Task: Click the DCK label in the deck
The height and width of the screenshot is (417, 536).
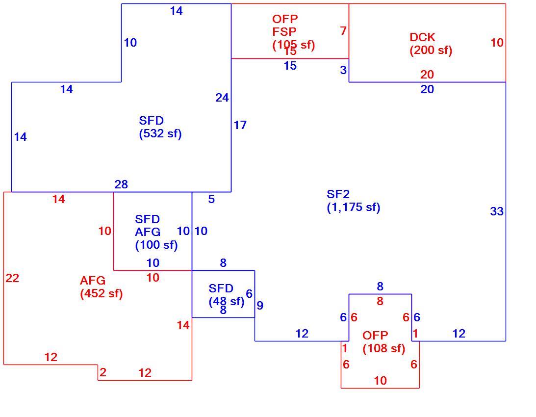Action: (x=423, y=37)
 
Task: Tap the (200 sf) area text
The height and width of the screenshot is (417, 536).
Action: (x=431, y=50)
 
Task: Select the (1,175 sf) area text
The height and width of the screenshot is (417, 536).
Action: (x=354, y=208)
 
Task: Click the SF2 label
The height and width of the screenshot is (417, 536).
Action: (x=338, y=194)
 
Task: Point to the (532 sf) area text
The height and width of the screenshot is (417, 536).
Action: (x=160, y=133)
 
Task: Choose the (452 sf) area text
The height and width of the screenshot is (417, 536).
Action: (x=101, y=293)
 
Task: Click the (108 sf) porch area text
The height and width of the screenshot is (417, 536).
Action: (x=384, y=348)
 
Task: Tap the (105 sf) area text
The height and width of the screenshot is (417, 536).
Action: (x=294, y=45)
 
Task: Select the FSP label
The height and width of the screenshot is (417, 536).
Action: (x=284, y=31)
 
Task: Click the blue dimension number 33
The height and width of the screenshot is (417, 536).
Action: (x=497, y=211)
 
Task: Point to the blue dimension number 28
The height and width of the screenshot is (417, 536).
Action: (x=121, y=184)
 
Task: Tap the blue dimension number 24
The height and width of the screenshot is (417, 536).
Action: (x=222, y=98)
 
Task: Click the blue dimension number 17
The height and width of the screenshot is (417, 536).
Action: (x=240, y=125)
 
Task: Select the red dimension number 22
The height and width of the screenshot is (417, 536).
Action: (x=12, y=278)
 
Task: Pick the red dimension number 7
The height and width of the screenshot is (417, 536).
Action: (x=343, y=31)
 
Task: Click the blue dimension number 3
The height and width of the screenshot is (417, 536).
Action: (x=343, y=70)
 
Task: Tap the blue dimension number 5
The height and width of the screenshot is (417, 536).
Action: (x=211, y=199)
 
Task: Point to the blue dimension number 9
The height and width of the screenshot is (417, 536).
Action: (x=260, y=306)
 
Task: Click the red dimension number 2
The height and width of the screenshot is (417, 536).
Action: (x=103, y=372)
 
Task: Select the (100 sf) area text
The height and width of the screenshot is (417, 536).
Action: (x=156, y=245)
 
